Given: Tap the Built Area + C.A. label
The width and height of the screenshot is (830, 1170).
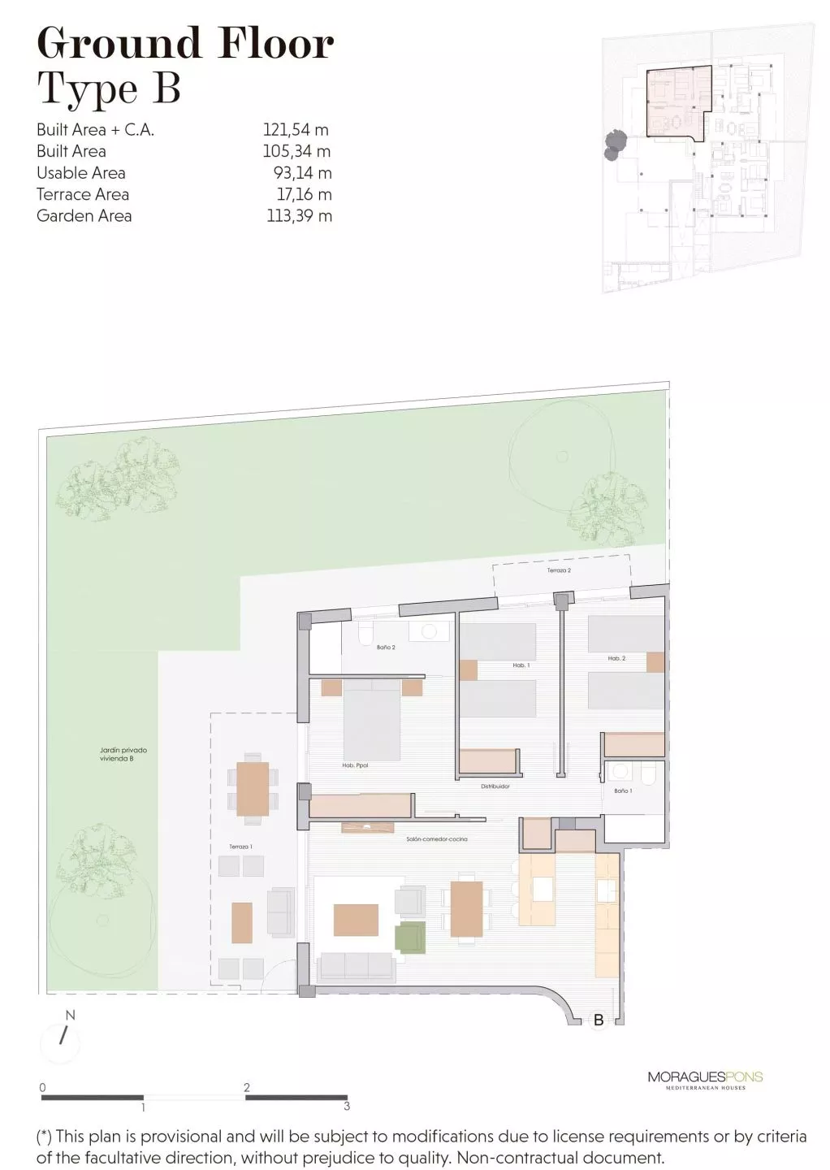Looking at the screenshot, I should point(95,129).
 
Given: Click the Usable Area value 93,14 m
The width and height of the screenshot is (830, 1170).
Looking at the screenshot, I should point(302,172).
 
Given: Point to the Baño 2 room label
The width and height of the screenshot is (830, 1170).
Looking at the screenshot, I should point(386,648).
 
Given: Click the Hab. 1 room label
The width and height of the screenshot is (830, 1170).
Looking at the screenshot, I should point(521,665).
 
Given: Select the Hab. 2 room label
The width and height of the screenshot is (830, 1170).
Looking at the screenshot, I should point(616,658).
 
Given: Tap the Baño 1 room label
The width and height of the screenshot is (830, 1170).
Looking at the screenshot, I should point(623,791).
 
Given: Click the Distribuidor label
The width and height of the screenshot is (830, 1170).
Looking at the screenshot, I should point(495,786).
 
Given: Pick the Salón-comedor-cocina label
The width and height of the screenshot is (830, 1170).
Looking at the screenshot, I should point(436,838).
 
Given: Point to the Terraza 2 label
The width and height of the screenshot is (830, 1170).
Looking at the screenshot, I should point(559,571).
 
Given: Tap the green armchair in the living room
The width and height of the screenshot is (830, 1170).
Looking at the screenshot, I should point(411,937).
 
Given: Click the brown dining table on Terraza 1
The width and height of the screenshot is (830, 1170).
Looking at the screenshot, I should point(253,788).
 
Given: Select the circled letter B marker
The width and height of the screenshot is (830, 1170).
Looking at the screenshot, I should point(599,1020).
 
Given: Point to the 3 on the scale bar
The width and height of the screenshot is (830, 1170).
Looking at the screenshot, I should point(347,1106).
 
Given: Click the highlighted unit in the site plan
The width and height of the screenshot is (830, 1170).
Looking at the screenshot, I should point(675,101).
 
